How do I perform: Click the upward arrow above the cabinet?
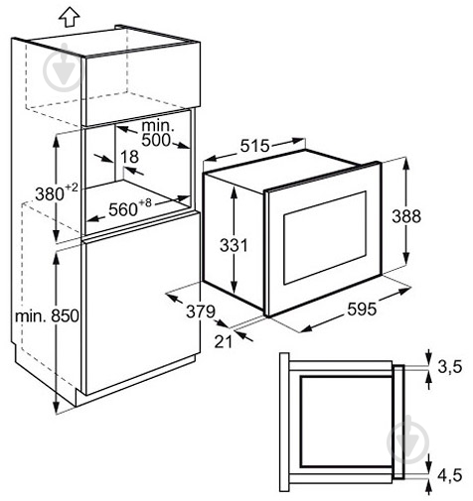pyautogui.click(x=70, y=17)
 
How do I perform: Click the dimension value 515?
pyautogui.click(x=254, y=146)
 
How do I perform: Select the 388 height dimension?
pyautogui.click(x=406, y=216)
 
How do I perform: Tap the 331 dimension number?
pyautogui.click(x=234, y=245)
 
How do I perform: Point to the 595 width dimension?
pyautogui.click(x=362, y=310)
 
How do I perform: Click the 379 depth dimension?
pyautogui.click(x=201, y=312)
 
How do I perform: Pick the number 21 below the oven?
pyautogui.click(x=223, y=341)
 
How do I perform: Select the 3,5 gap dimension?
pyautogui.click(x=449, y=367)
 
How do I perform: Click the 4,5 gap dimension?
pyautogui.click(x=449, y=475)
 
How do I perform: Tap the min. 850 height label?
pyautogui.click(x=47, y=316)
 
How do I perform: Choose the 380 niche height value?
pyautogui.click(x=50, y=194)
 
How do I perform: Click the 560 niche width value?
pyautogui.click(x=123, y=209)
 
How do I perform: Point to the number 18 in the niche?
pyautogui.click(x=129, y=157)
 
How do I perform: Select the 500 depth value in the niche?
pyautogui.click(x=156, y=140)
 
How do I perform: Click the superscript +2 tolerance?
pyautogui.click(x=72, y=188)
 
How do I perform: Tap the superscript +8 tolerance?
pyautogui.click(x=145, y=202)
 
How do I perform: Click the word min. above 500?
pyautogui.click(x=158, y=126)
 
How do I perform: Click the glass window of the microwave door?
pyautogui.click(x=325, y=237)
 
